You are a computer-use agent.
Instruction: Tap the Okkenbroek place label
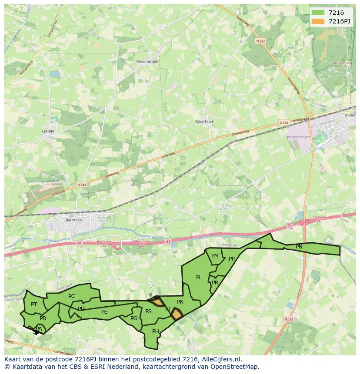(147, 62)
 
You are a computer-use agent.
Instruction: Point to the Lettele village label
(48, 131)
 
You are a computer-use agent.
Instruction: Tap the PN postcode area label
(299, 247)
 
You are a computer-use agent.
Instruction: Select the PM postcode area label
(215, 256)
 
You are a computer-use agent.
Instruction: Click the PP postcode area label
(232, 259)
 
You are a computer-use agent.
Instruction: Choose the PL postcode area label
(199, 278)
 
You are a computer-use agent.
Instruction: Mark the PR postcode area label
(215, 282)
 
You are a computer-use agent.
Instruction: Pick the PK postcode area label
(180, 302)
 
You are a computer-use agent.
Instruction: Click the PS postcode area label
(148, 311)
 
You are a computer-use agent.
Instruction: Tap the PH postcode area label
(156, 331)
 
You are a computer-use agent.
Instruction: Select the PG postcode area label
(134, 318)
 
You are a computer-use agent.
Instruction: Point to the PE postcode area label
(104, 312)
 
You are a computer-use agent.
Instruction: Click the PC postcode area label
(72, 296)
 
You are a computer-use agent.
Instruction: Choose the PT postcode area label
(34, 304)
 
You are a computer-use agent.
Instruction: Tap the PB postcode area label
(43, 318)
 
